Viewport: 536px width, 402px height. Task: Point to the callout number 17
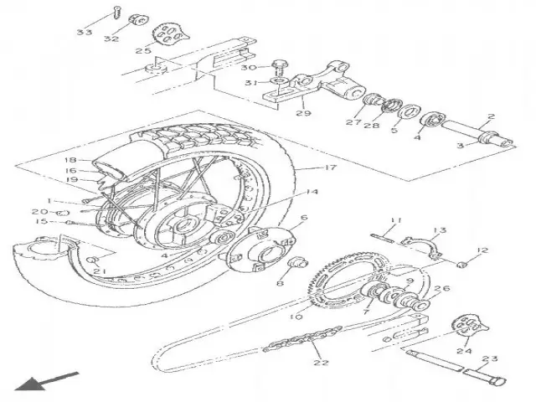329,168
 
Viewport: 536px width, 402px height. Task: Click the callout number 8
279,283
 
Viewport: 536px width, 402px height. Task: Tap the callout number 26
444,290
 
